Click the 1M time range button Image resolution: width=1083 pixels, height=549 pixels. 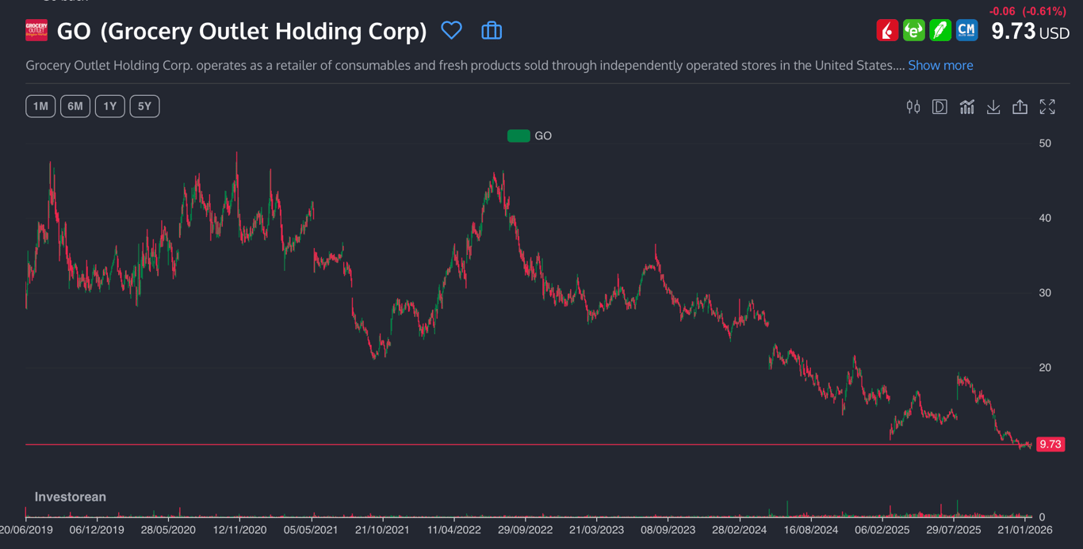click(x=40, y=106)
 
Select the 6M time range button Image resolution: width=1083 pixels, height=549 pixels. click(x=75, y=106)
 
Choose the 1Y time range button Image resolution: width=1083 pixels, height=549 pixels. click(x=109, y=106)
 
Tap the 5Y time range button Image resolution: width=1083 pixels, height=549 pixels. click(x=144, y=106)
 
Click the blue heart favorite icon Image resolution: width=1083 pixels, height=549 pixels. click(x=451, y=31)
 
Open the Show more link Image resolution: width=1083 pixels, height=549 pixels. click(x=940, y=65)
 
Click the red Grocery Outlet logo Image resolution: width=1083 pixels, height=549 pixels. click(x=36, y=31)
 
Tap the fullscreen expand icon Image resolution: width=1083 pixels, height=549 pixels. click(x=1047, y=107)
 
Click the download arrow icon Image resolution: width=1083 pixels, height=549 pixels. click(x=993, y=107)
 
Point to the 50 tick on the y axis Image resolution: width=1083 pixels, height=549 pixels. click(x=1045, y=143)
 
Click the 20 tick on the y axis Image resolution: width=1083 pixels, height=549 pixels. click(x=1045, y=368)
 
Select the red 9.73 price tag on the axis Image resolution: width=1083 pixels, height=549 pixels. click(x=1050, y=444)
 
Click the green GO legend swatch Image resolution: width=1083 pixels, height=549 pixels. click(x=519, y=135)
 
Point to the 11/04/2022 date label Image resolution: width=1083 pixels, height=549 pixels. click(x=453, y=530)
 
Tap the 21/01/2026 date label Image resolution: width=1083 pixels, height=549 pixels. click(x=1024, y=530)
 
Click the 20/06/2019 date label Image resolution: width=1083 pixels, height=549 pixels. click(x=27, y=530)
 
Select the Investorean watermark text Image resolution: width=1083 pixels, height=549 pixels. click(x=70, y=497)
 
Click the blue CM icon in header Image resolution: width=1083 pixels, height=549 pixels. click(x=966, y=31)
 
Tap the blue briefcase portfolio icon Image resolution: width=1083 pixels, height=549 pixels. click(x=492, y=31)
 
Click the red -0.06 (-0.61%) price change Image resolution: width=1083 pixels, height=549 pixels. click(x=1028, y=11)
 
